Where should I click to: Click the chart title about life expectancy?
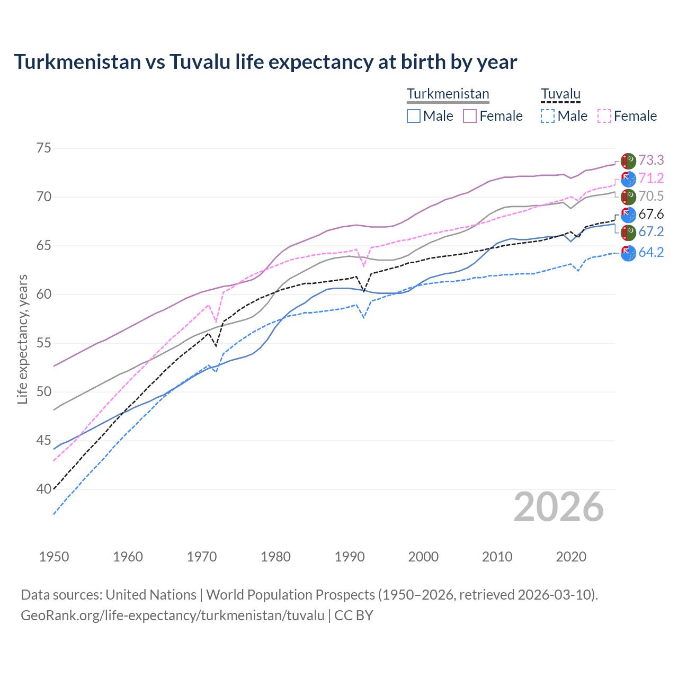(x=265, y=62)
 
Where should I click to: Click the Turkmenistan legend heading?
(x=448, y=94)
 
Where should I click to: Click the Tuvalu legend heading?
(x=560, y=94)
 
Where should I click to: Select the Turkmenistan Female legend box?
(x=470, y=116)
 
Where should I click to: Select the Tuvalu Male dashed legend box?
(x=548, y=116)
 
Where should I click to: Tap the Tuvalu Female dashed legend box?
(x=604, y=116)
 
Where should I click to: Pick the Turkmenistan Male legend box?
(x=414, y=116)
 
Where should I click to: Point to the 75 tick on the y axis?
(x=44, y=148)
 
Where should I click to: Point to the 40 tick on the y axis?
(x=44, y=489)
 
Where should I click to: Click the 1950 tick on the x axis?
(x=54, y=557)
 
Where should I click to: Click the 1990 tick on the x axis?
(x=350, y=557)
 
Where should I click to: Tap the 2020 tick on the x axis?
(x=571, y=557)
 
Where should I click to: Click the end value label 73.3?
(x=651, y=160)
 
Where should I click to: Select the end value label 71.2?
(x=651, y=178)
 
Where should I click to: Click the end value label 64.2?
(x=651, y=252)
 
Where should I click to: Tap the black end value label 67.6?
(x=651, y=214)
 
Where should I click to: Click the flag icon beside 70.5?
(x=628, y=197)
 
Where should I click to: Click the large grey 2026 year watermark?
(x=558, y=507)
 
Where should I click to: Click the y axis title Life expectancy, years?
(x=22, y=339)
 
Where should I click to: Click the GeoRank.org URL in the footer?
(x=172, y=615)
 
